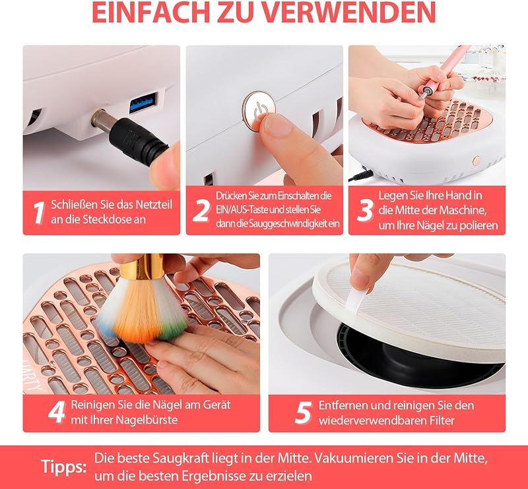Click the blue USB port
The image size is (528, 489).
click(143, 102)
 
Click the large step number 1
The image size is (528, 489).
click(39, 213)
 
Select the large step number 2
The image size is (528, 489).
click(201, 210)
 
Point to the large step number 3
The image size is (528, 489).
click(365, 210)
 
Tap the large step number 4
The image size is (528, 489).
click(57, 412)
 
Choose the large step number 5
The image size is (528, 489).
click(303, 413)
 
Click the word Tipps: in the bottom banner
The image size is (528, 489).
click(63, 467)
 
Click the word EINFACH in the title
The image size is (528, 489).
click(151, 12)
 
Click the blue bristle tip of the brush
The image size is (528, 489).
click(106, 328)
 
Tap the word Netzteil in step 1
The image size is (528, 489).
click(154, 204)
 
